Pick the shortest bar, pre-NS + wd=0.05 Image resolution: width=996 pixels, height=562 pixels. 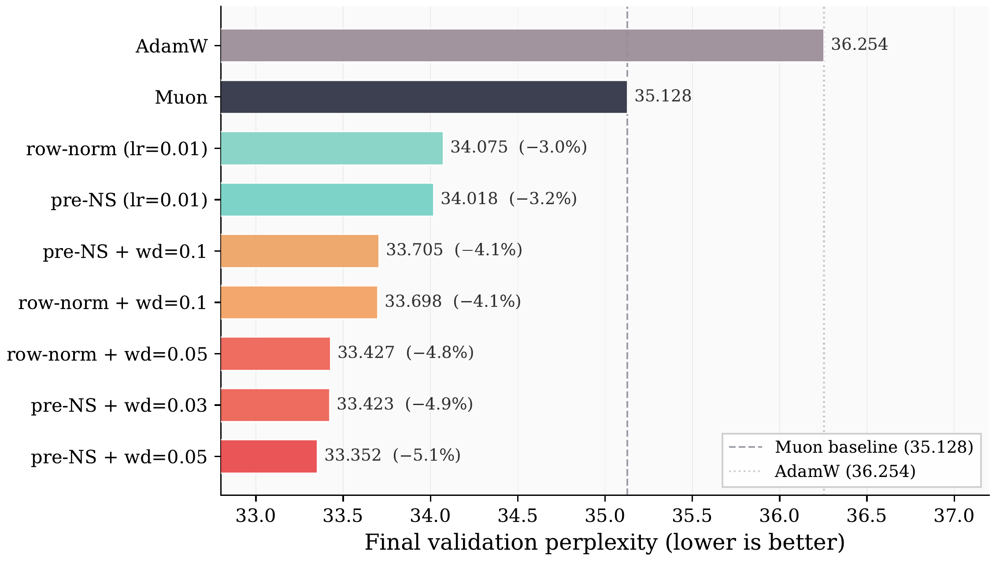tap(269, 456)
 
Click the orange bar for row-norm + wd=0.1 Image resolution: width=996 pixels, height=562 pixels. tap(299, 302)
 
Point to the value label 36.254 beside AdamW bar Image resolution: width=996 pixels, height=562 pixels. tap(859, 45)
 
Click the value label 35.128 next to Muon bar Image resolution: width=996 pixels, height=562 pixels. tap(663, 96)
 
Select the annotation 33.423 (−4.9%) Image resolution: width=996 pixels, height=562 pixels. tap(404, 404)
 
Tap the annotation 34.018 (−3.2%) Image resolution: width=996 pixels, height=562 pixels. tap(508, 199)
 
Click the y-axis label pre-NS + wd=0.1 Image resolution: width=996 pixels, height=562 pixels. tap(125, 252)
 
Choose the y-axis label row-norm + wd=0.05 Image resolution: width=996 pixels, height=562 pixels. tap(107, 354)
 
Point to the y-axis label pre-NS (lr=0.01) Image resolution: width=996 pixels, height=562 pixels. tap(129, 200)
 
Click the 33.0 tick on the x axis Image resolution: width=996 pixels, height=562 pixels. tap(255, 515)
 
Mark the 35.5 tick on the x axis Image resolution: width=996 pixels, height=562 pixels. tap(692, 515)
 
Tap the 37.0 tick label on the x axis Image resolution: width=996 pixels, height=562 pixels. tap(954, 515)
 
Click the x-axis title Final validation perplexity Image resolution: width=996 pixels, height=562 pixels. tap(604, 543)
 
